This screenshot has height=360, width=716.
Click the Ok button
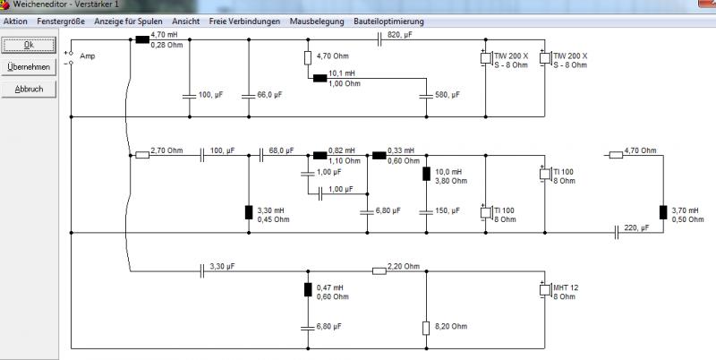click(29, 45)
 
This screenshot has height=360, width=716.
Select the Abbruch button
click(29, 90)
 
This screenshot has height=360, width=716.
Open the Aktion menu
click(15, 21)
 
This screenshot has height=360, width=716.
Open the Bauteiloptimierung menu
click(388, 21)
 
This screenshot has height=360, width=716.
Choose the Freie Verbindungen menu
click(244, 21)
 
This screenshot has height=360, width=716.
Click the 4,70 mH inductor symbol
click(142, 39)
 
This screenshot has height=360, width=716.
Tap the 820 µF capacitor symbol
click(379, 39)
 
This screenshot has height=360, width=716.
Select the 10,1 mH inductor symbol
click(320, 78)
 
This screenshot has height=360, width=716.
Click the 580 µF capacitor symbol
click(427, 97)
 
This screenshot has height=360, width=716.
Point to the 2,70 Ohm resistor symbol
click(142, 155)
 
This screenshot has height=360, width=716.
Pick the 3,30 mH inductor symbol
click(249, 212)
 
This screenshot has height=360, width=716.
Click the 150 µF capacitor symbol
click(427, 212)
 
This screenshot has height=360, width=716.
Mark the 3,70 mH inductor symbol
click(663, 212)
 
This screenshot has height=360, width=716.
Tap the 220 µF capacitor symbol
click(616, 233)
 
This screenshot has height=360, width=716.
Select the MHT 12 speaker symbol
click(545, 289)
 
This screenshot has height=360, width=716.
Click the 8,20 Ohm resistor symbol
click(426, 328)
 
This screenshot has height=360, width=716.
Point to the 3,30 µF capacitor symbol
click(202, 271)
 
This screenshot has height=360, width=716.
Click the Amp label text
click(87, 56)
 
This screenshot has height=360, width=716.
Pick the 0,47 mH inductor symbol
click(308, 289)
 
